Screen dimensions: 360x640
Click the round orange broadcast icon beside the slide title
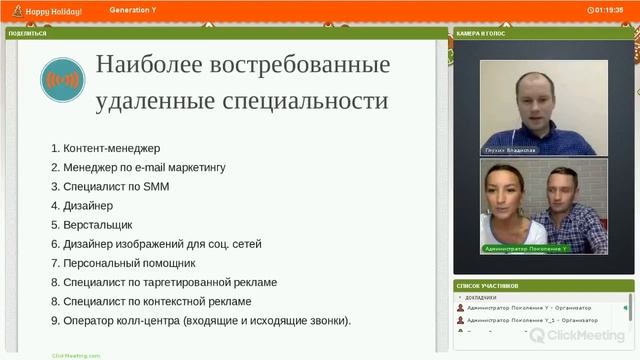coord(63,80)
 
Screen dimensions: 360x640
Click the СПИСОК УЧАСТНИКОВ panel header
coord(488,285)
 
